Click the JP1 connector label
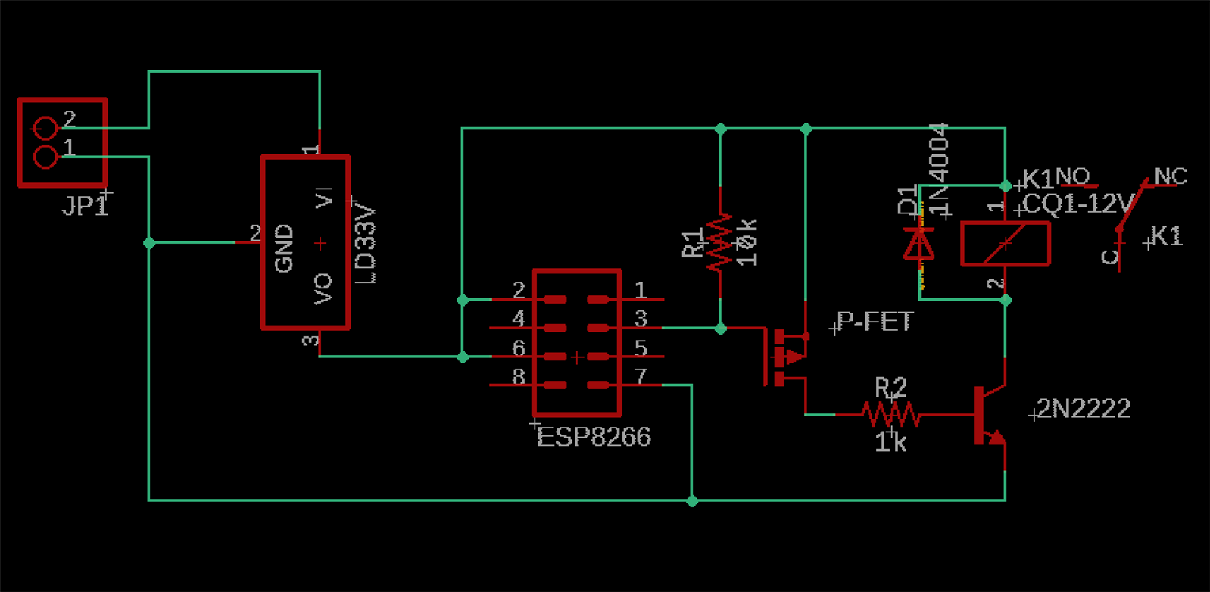85,205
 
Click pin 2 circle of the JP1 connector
45,128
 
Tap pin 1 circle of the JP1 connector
45,157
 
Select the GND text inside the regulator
284,248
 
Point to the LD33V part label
366,243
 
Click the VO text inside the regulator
323,288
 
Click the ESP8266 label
594,438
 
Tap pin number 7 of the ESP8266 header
641,376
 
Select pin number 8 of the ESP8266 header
519,376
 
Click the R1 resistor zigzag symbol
720,242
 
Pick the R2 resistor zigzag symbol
890,414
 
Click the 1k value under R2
890,442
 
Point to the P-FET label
875,322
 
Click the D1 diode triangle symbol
920,244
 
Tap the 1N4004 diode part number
939,168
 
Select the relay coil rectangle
1005,243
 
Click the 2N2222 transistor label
1084,409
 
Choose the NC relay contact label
1171,176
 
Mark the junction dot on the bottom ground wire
692,500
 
